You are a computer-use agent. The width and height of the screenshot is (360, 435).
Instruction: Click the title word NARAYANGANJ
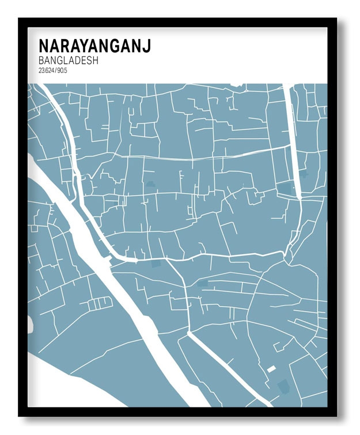tap(94, 45)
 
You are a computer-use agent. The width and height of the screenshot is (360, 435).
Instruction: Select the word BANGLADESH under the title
tap(68, 60)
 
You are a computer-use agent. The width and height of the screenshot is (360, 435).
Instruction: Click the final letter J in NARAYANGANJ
tap(147, 45)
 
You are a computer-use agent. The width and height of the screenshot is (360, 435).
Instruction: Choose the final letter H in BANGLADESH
tap(95, 60)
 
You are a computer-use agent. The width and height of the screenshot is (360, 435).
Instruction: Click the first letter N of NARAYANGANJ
tap(43, 45)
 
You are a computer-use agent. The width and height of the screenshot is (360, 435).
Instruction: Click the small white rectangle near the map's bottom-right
tap(271, 369)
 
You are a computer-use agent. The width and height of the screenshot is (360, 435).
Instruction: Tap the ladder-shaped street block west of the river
tap(101, 302)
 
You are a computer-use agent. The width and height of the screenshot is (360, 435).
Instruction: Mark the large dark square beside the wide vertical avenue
tap(285, 188)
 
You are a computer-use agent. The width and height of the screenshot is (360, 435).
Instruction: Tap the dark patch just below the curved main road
tap(156, 264)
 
